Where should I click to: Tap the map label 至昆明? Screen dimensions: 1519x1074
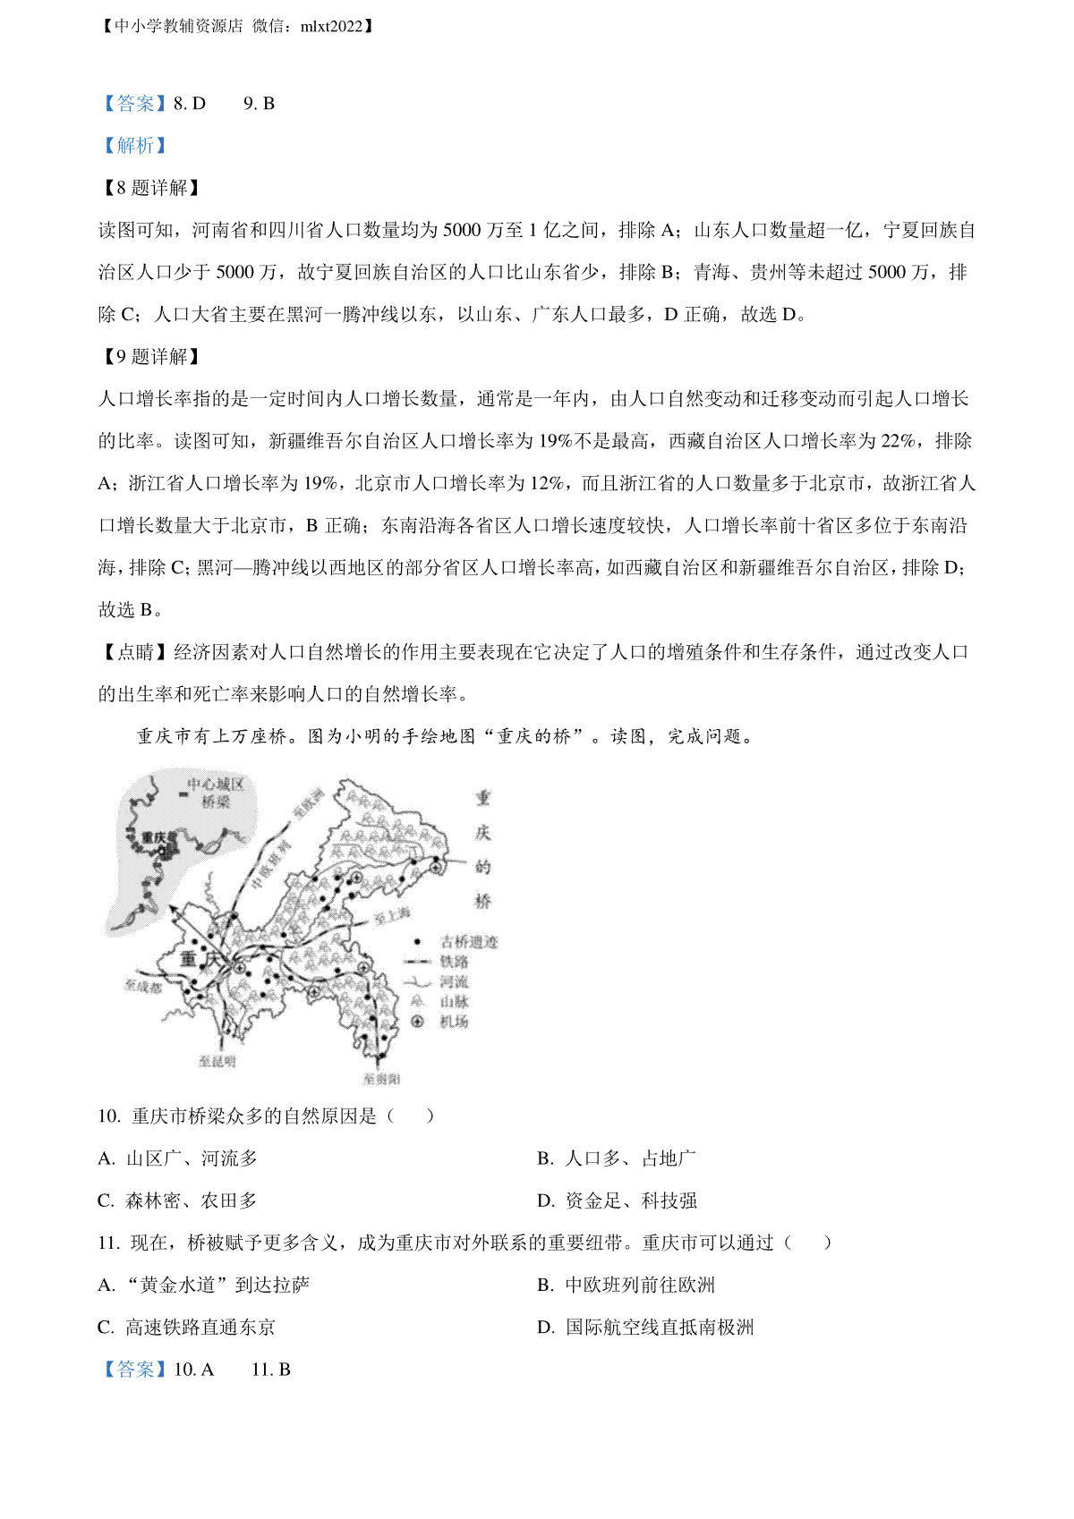(x=217, y=1061)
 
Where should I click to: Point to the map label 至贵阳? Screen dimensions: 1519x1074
(x=382, y=1079)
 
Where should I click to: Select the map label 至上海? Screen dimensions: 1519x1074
(x=391, y=915)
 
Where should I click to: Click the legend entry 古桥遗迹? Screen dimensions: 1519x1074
(x=469, y=942)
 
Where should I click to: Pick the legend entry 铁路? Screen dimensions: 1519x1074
(x=455, y=962)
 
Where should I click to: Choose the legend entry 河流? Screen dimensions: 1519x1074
(x=455, y=981)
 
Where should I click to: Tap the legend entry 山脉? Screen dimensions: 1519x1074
(x=455, y=1001)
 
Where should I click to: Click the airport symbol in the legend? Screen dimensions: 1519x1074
(x=417, y=1022)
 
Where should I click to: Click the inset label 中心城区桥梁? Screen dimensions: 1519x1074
(x=215, y=793)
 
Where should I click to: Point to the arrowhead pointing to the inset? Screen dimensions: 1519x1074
(x=171, y=909)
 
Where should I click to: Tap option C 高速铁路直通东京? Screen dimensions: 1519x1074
(x=186, y=1328)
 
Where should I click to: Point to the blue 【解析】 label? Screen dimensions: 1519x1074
(x=134, y=146)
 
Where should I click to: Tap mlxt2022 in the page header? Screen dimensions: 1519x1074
(x=332, y=26)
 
